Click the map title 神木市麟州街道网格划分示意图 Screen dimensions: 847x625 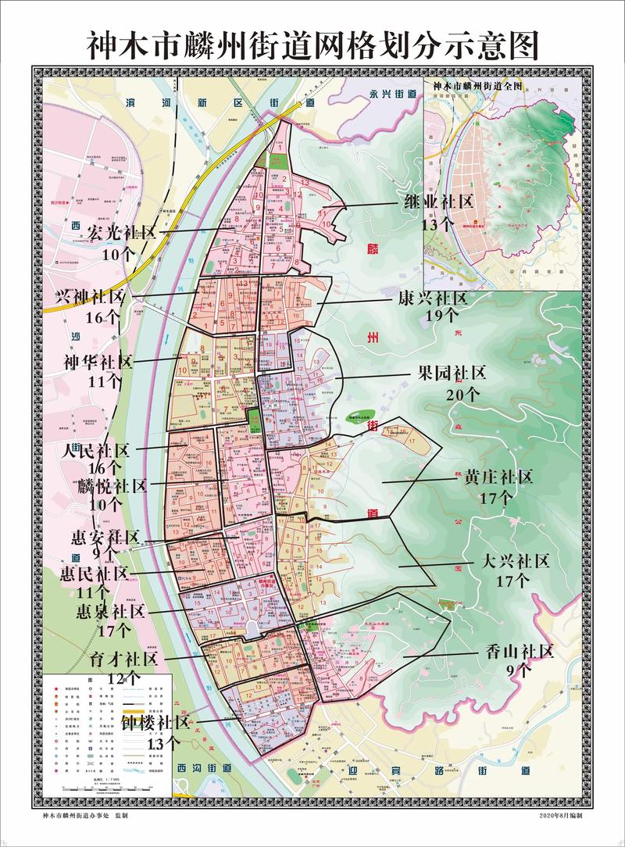312,45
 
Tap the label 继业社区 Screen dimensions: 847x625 438,202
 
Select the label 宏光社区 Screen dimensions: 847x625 122,232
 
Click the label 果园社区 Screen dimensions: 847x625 451,372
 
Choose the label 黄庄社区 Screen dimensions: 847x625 498,477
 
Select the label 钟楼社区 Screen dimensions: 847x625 155,723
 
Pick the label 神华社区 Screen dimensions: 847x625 98,363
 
